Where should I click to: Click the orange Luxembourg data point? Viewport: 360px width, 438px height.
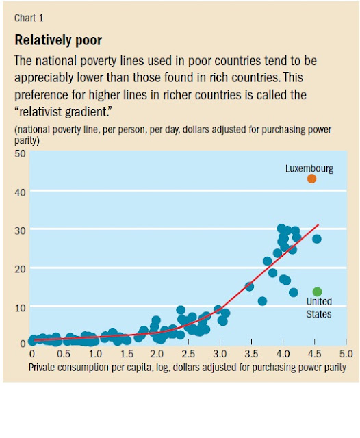(x=311, y=179)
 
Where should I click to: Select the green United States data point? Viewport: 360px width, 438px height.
(x=317, y=292)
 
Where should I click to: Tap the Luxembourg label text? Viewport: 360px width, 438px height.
(x=309, y=168)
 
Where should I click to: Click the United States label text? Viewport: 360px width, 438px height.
(x=318, y=307)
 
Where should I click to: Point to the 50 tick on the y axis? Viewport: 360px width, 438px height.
(x=19, y=154)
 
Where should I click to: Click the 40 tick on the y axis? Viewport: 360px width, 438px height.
(x=19, y=192)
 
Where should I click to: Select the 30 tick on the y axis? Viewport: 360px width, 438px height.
(x=19, y=231)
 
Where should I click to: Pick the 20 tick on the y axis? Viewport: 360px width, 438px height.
(x=19, y=269)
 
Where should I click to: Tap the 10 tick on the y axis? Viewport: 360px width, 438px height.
(x=19, y=307)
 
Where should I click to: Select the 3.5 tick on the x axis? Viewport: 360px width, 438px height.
(x=251, y=355)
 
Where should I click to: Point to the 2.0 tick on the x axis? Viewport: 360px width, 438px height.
(x=157, y=355)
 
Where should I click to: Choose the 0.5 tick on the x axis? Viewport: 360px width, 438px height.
(x=63, y=355)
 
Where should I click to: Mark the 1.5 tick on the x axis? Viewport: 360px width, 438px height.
(x=126, y=355)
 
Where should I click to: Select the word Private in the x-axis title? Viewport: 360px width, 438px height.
(x=43, y=368)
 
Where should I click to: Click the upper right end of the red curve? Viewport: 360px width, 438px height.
(x=318, y=224)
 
